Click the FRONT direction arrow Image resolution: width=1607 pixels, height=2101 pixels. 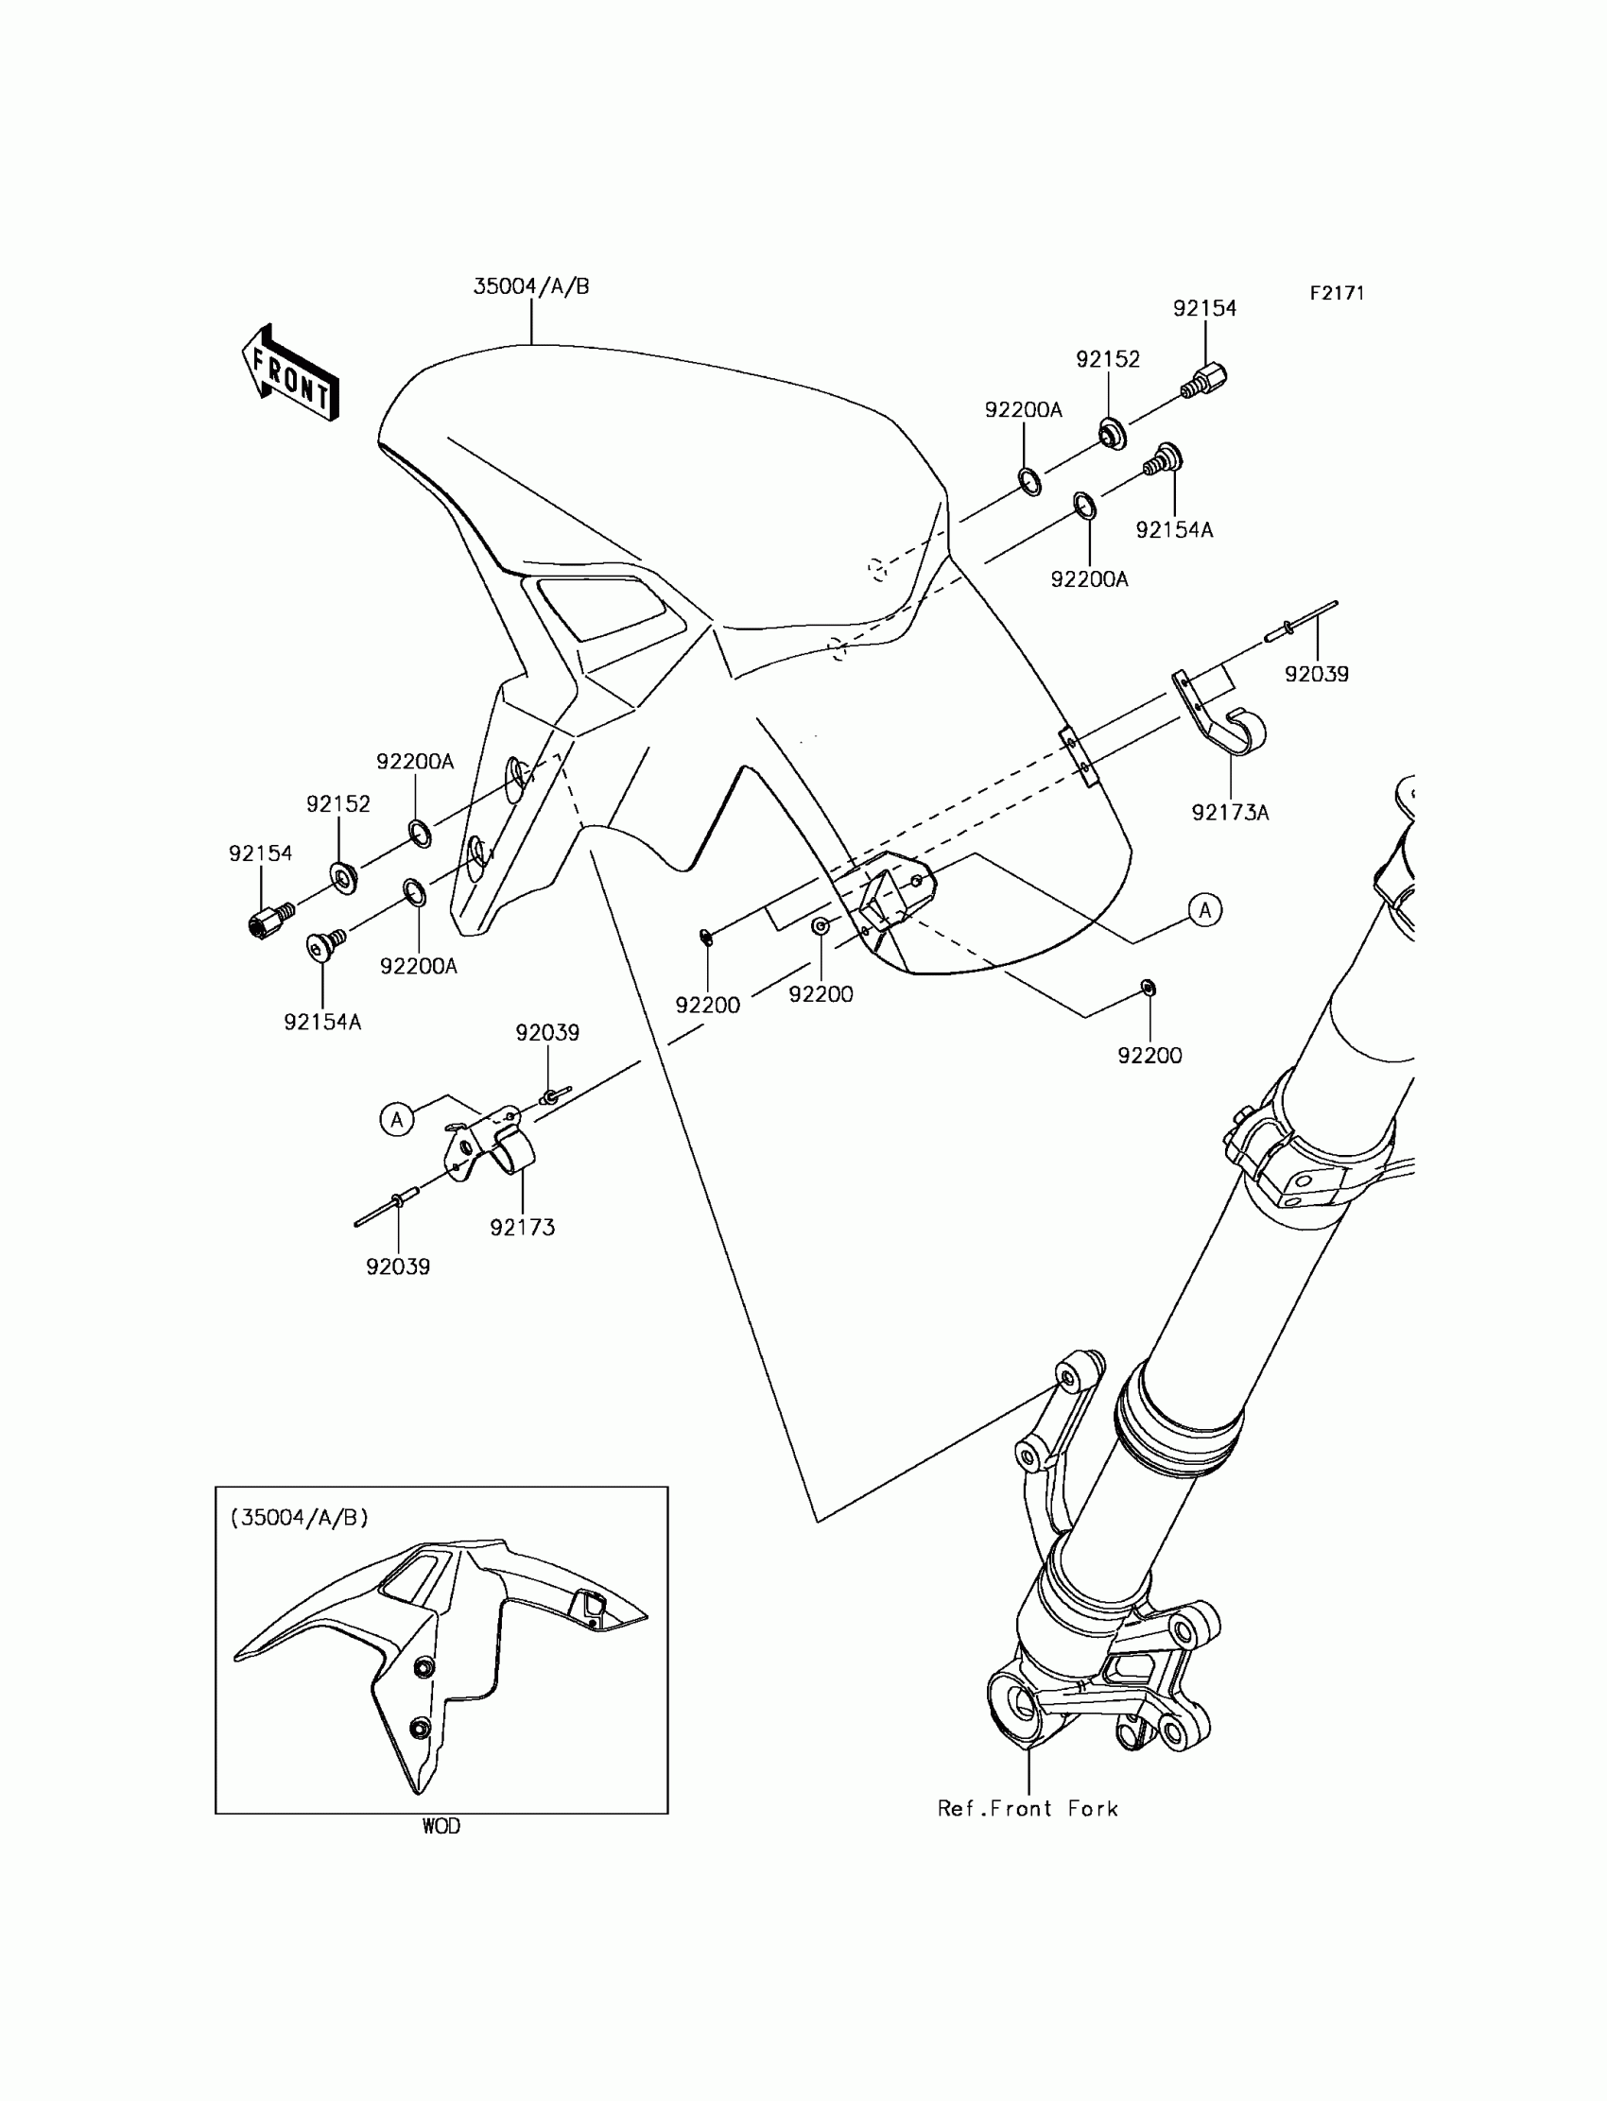pos(290,374)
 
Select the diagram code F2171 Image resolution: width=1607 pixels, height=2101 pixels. pos(1337,294)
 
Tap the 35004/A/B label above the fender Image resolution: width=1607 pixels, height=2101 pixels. pos(531,286)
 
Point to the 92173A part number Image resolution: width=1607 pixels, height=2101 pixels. pos(1230,813)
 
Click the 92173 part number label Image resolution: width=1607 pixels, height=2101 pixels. pos(522,1227)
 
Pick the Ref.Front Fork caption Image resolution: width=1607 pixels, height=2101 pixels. pos(1028,1808)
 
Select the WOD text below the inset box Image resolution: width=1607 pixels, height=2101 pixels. pos(441,1826)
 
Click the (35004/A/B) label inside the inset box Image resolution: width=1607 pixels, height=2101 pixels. pos(300,1517)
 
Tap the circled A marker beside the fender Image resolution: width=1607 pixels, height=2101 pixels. pos(1205,909)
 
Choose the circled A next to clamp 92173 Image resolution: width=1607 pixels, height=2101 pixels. pos(397,1118)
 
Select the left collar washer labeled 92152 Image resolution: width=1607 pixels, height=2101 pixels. pos(344,876)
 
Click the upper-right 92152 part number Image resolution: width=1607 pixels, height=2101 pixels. pos(1108,358)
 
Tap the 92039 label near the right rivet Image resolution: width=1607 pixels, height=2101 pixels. pos(1316,674)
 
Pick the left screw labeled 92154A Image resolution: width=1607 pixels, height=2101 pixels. pos(325,945)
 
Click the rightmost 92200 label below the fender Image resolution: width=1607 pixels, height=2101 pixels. pos(1149,1056)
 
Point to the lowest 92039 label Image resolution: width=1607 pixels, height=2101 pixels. pos(398,1266)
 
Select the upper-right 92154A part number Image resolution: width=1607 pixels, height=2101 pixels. pos(1174,530)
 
